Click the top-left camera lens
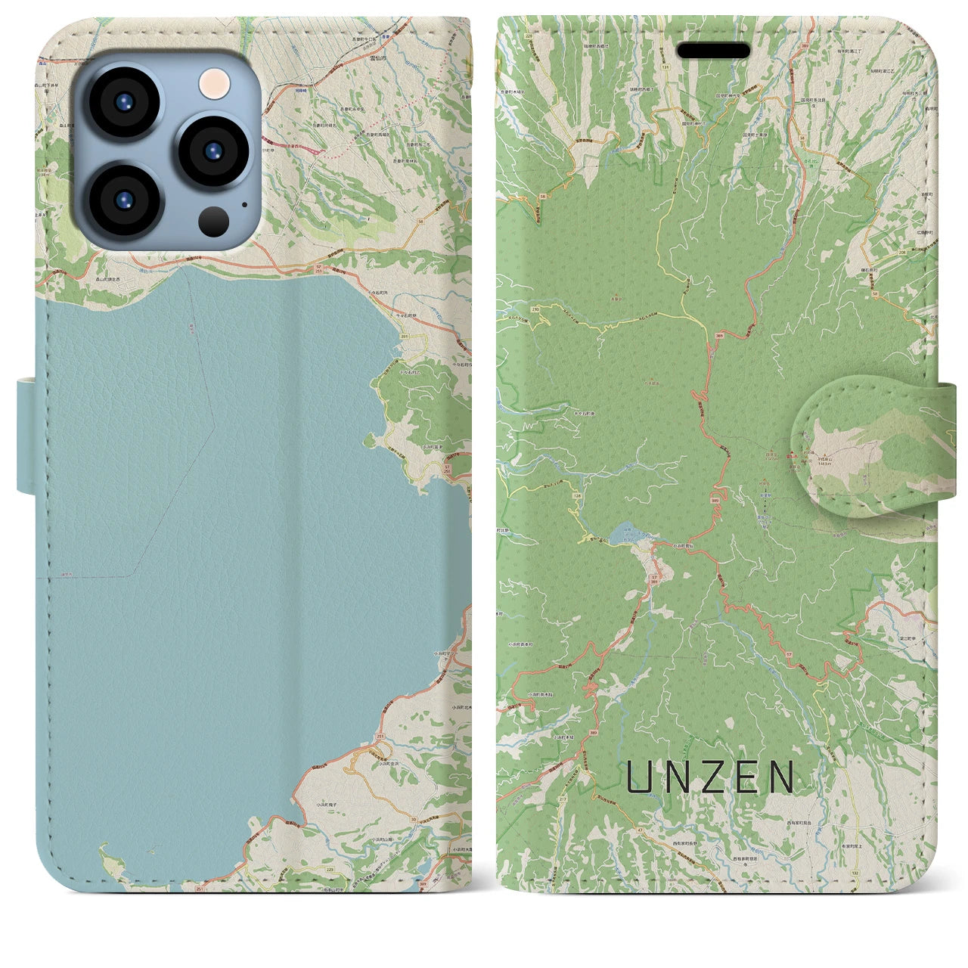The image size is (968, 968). coord(125,102)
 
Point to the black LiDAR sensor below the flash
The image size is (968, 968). coord(214,221)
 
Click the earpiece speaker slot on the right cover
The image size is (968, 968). coord(713,51)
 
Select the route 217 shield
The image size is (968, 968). coord(562,799)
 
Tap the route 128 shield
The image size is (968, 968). coord(578,495)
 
